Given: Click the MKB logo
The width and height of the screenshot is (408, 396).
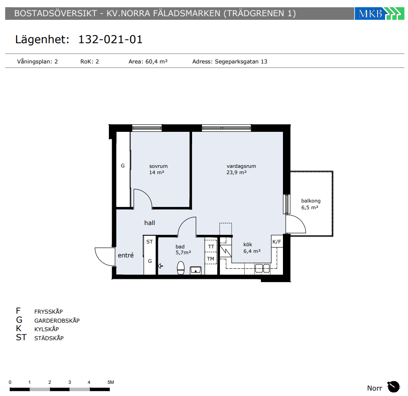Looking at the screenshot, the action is [x=379, y=13].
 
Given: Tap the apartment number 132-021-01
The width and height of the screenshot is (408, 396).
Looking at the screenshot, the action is [x=110, y=40].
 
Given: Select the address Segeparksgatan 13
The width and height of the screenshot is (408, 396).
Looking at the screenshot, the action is [x=241, y=62].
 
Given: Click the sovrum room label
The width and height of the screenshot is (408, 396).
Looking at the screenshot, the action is [x=158, y=166].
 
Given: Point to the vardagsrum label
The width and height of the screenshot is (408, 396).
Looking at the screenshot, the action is [x=241, y=166].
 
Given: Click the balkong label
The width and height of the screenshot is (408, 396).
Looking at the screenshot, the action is [x=311, y=201].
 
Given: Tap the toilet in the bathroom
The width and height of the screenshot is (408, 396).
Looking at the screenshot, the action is [x=180, y=268].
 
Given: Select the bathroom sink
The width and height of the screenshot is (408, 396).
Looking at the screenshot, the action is [x=195, y=270].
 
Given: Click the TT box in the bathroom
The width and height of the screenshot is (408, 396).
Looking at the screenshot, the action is [x=211, y=246].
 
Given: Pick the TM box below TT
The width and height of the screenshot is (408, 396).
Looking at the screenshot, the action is [x=211, y=259].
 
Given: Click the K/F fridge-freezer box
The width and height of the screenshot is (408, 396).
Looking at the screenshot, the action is [x=277, y=242].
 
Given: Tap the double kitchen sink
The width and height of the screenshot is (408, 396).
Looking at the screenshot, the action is [x=262, y=268].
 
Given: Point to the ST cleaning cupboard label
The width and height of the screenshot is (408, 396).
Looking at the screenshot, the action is [x=149, y=242].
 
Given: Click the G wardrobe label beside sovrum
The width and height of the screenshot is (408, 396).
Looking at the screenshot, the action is [x=123, y=166].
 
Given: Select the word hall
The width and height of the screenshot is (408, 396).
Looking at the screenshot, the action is [x=150, y=223].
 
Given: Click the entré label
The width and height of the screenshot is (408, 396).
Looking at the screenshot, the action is [x=126, y=255].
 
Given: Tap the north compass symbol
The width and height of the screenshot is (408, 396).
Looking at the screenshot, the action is [x=394, y=387].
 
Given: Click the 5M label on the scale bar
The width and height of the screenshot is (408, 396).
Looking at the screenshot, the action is [x=111, y=382].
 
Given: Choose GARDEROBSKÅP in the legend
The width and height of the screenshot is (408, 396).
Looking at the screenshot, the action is [x=57, y=320].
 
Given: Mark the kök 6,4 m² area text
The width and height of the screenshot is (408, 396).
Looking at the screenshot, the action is [x=252, y=248].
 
